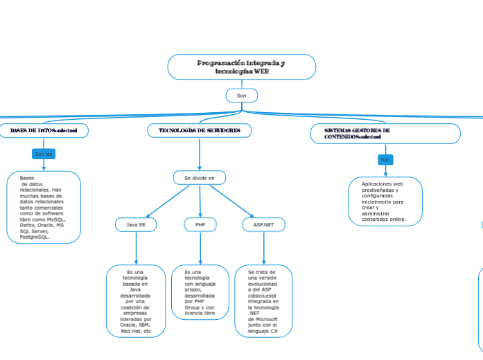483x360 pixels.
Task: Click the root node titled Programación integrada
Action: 241,67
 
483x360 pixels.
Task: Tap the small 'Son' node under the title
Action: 241,96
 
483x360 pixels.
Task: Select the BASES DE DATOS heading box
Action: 44,130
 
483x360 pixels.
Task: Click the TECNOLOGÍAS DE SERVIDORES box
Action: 200,130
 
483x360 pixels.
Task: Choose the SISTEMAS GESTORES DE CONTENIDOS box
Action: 385,134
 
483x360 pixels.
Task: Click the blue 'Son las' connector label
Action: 44,154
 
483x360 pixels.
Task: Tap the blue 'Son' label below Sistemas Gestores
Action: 385,160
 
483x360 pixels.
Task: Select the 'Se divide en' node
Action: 200,178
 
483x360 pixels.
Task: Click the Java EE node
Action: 136,224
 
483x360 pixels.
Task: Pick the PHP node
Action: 200,224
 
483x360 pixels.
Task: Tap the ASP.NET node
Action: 263,224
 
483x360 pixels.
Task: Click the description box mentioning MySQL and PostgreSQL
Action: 44,207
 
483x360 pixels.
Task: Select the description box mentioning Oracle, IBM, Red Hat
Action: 136,301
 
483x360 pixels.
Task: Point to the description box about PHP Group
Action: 200,292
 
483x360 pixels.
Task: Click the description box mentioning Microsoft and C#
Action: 263,301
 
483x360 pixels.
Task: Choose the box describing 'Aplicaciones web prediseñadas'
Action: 385,201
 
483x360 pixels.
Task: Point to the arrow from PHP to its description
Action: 200,248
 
